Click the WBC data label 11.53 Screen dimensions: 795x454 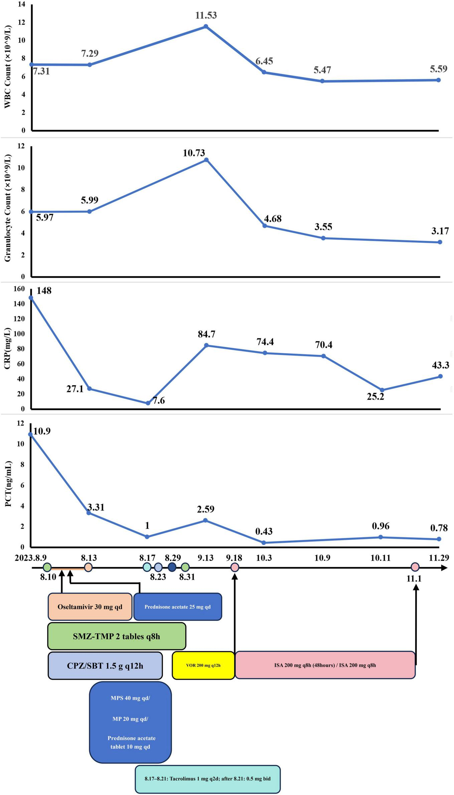206,15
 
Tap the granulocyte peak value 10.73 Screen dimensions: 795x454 194,153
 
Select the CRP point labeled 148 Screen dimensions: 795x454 31,297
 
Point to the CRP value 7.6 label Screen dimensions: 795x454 158,400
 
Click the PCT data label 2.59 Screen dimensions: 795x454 205,509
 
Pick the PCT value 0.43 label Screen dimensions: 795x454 264,531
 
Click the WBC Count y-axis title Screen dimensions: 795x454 7,67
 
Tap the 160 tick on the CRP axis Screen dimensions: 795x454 19,289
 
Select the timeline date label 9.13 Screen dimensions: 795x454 205,558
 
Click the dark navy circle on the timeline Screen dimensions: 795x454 172,567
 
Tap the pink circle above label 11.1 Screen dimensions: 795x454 415,567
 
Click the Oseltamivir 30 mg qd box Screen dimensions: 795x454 90,607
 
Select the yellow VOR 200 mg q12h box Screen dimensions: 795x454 203,665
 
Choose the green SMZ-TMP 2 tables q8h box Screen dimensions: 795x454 117,636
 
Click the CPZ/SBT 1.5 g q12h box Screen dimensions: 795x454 105,666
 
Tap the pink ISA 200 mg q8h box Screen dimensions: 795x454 325,665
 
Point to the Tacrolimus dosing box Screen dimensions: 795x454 207,779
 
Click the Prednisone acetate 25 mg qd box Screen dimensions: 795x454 177,607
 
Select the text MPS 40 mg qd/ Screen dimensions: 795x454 130,698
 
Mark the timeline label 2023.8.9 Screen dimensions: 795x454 31,558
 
